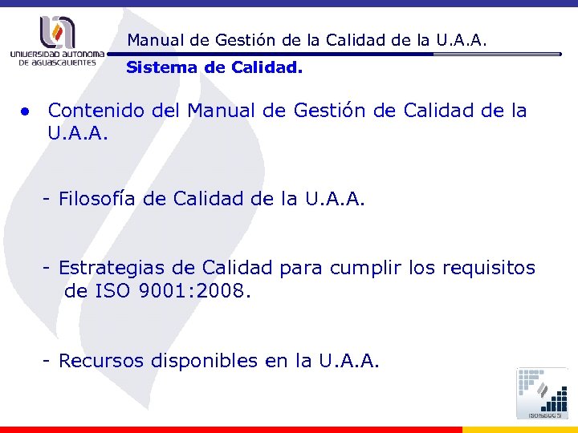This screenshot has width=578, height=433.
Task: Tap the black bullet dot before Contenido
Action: tap(26, 111)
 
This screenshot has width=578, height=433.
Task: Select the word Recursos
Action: tap(99, 362)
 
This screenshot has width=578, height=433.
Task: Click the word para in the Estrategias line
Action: tap(298, 268)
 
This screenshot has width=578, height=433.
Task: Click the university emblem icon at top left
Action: tap(55, 32)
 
